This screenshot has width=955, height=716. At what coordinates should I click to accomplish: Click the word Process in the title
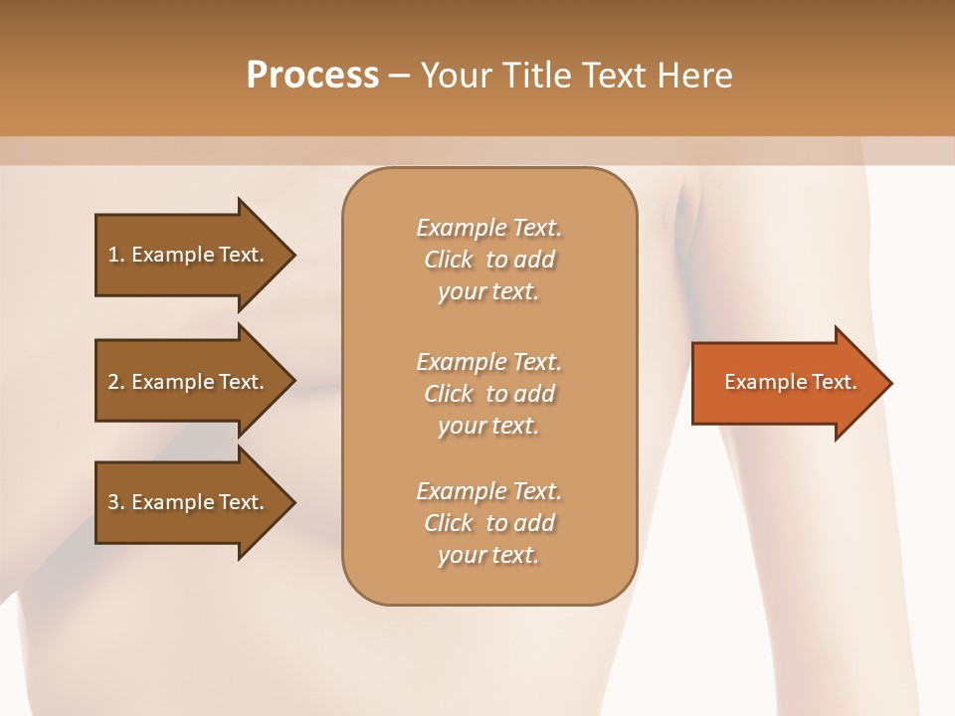pyautogui.click(x=312, y=76)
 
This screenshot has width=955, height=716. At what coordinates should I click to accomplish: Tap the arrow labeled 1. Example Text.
pyautogui.click(x=189, y=255)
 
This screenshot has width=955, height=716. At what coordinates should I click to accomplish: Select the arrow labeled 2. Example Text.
pyautogui.click(x=189, y=382)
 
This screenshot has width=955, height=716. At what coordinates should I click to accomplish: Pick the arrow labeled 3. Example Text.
pyautogui.click(x=189, y=502)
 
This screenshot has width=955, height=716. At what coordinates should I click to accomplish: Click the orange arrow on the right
pyautogui.click(x=786, y=383)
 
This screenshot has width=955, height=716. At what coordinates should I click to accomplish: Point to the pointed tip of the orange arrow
pyautogui.click(x=888, y=383)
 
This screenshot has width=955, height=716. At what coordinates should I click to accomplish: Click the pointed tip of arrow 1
pyautogui.click(x=292, y=255)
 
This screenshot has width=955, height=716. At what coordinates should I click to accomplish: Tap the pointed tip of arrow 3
pyautogui.click(x=292, y=502)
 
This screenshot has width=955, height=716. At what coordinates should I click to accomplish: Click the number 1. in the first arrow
pyautogui.click(x=116, y=255)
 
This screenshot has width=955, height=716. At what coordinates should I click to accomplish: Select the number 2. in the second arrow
pyautogui.click(x=116, y=382)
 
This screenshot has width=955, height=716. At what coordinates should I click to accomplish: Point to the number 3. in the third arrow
pyautogui.click(x=116, y=502)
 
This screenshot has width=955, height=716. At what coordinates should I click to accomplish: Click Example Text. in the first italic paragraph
pyautogui.click(x=488, y=228)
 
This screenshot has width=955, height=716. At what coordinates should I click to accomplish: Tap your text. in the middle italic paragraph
pyautogui.click(x=488, y=426)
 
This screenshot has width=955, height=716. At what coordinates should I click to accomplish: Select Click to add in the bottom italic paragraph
pyautogui.click(x=488, y=523)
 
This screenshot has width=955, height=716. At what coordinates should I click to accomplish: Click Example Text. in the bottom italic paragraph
pyautogui.click(x=488, y=491)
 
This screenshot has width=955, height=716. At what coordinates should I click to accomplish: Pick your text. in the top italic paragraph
pyautogui.click(x=488, y=291)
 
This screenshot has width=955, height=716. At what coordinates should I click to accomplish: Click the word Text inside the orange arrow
pyautogui.click(x=832, y=382)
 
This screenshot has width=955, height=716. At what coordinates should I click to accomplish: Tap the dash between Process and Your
pyautogui.click(x=400, y=77)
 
